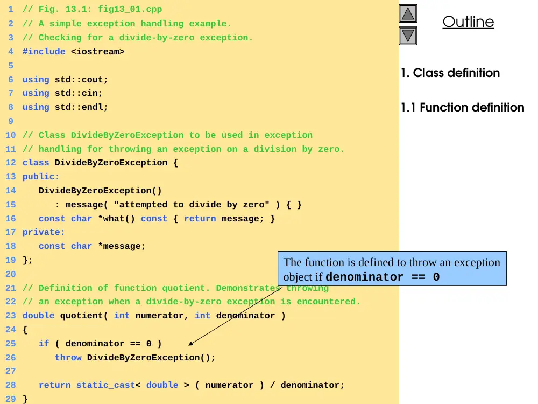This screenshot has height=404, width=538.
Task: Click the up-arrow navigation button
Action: tap(408, 14)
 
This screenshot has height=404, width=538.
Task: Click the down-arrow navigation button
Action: tap(408, 36)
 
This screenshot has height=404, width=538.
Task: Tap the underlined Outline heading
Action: tap(468, 22)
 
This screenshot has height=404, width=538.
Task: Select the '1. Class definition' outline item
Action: tap(450, 73)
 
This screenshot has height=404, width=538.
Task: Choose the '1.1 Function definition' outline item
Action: tap(463, 107)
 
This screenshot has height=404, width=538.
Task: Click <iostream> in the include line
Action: tap(98, 52)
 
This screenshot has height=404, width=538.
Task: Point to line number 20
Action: tap(11, 274)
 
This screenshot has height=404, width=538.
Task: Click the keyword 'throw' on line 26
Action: tap(68, 358)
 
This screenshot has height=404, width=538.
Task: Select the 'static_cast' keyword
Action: tap(105, 385)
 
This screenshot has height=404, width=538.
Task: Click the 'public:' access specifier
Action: tap(41, 177)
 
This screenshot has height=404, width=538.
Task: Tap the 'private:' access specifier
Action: tap(44, 232)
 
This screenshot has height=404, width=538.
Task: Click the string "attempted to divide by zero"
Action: tap(192, 204)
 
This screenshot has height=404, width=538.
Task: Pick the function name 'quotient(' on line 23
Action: tap(84, 316)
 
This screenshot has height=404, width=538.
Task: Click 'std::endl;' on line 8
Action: tap(81, 107)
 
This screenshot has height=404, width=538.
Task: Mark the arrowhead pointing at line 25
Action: tap(191, 344)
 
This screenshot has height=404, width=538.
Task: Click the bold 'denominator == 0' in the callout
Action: tap(383, 277)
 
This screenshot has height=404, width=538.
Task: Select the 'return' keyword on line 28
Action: tap(54, 385)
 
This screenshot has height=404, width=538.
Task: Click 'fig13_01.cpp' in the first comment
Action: tap(130, 9)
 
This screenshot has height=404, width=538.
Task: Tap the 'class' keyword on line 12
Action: tap(36, 163)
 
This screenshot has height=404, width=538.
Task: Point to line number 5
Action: tap(11, 66)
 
